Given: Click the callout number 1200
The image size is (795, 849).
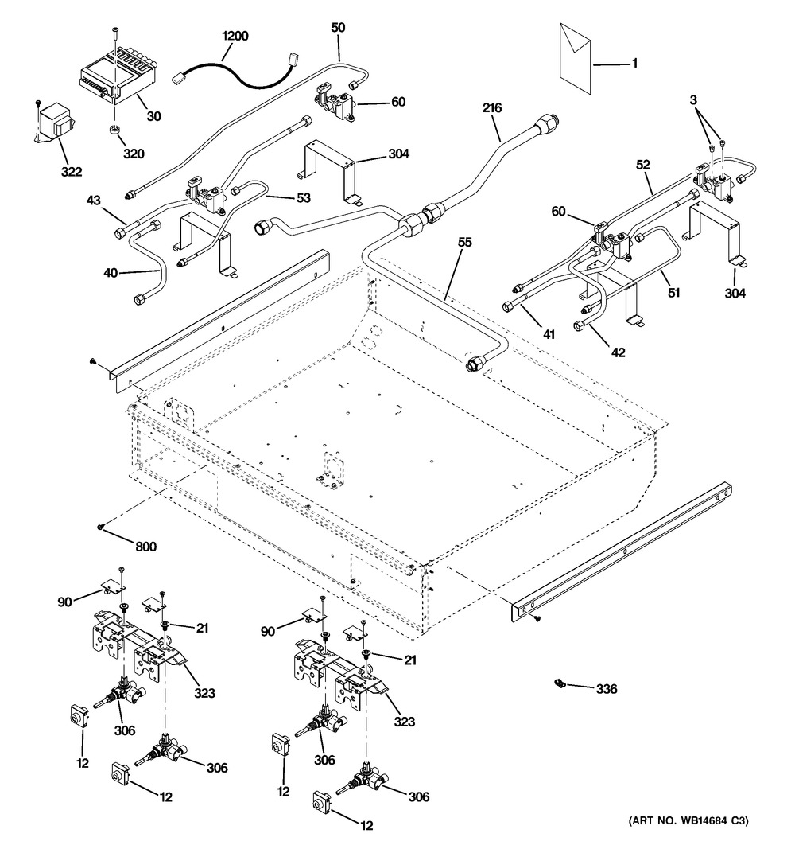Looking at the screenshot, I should [235, 36].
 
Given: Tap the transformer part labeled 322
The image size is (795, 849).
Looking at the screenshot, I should [54, 123].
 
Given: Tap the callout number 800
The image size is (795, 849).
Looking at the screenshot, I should [145, 547].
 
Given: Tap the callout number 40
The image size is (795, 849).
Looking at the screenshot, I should [110, 273].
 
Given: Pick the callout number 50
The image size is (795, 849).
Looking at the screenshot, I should [339, 27].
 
